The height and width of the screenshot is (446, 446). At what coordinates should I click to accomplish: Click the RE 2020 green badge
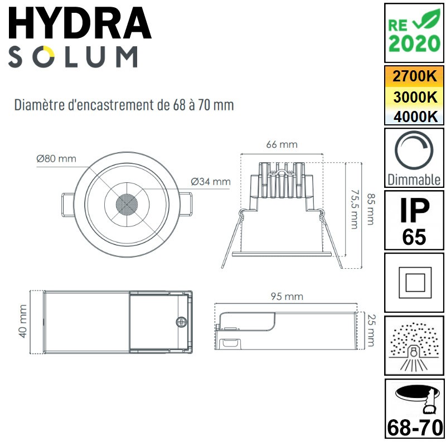point(414,32)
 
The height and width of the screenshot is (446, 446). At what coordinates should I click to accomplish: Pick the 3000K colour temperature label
point(414,96)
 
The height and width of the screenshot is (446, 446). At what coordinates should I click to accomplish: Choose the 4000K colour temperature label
point(414,117)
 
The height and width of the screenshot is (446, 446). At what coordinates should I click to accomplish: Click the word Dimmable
point(414,180)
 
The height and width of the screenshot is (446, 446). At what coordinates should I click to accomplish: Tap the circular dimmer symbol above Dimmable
point(414,152)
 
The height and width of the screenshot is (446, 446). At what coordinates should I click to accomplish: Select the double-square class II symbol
point(414,283)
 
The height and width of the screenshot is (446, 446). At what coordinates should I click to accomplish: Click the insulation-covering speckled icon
point(414,346)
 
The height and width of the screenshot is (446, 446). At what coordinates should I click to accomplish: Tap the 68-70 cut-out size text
point(414,428)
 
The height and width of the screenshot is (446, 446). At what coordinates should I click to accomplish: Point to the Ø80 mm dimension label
point(56,158)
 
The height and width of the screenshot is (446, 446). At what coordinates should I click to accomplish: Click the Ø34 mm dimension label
point(210,181)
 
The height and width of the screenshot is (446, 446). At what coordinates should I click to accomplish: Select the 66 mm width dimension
point(282,144)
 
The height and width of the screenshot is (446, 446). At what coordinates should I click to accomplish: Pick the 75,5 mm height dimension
point(353,208)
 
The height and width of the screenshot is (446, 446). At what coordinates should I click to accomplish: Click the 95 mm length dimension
point(287,296)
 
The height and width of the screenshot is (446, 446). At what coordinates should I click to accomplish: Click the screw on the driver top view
point(181,322)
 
